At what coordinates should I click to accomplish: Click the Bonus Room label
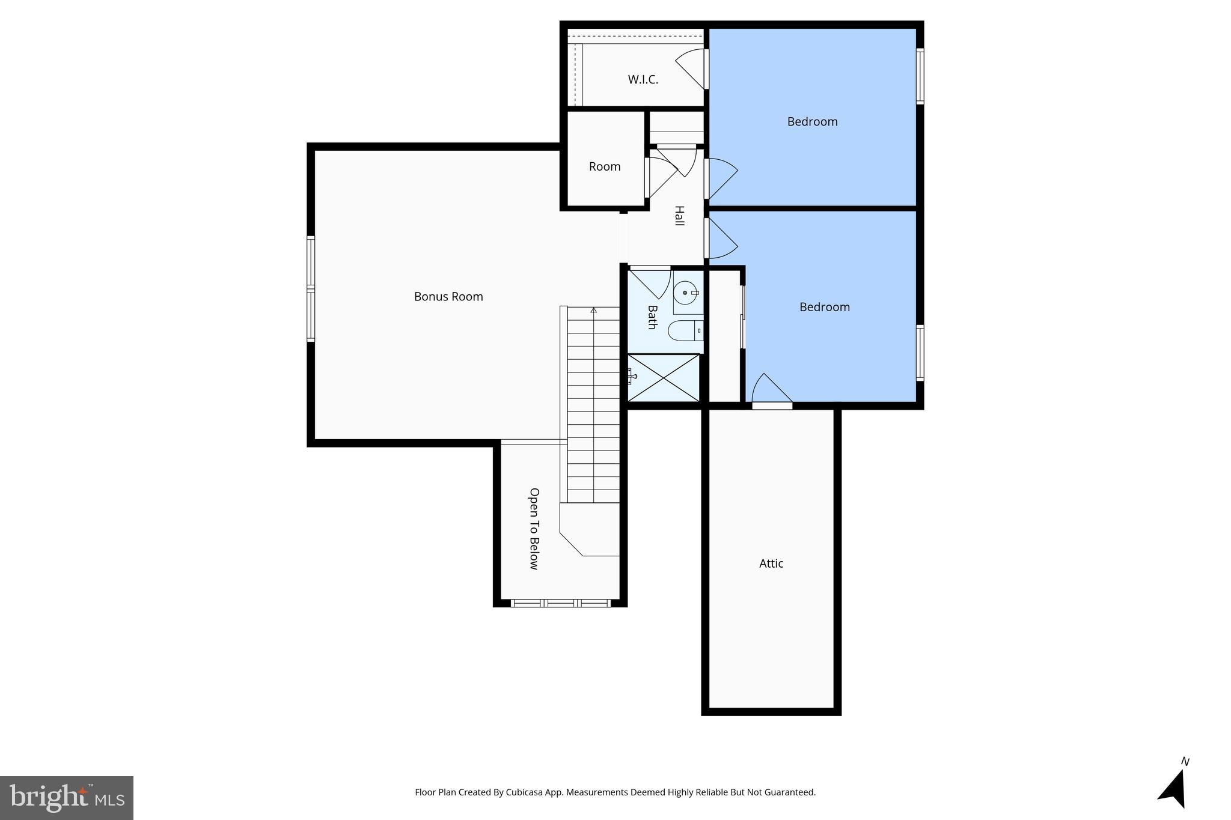448,297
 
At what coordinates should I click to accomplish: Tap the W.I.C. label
643,79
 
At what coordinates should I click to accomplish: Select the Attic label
771,563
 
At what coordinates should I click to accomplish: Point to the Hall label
679,216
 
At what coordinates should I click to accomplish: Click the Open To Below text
534,528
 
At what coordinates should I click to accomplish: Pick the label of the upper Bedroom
812,122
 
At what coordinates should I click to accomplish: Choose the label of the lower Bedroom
824,307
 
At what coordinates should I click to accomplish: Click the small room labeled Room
604,167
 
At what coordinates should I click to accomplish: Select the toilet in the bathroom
685,330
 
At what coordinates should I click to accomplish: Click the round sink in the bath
685,294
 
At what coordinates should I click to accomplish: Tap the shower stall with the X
664,378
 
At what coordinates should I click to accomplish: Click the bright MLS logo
67,798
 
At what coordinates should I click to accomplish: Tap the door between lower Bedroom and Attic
771,392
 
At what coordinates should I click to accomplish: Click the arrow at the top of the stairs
594,311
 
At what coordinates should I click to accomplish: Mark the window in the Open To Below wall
560,603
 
